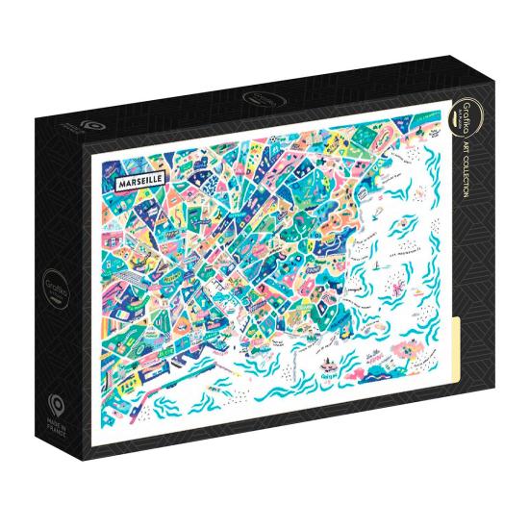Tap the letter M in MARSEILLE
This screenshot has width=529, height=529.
click(117, 181)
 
